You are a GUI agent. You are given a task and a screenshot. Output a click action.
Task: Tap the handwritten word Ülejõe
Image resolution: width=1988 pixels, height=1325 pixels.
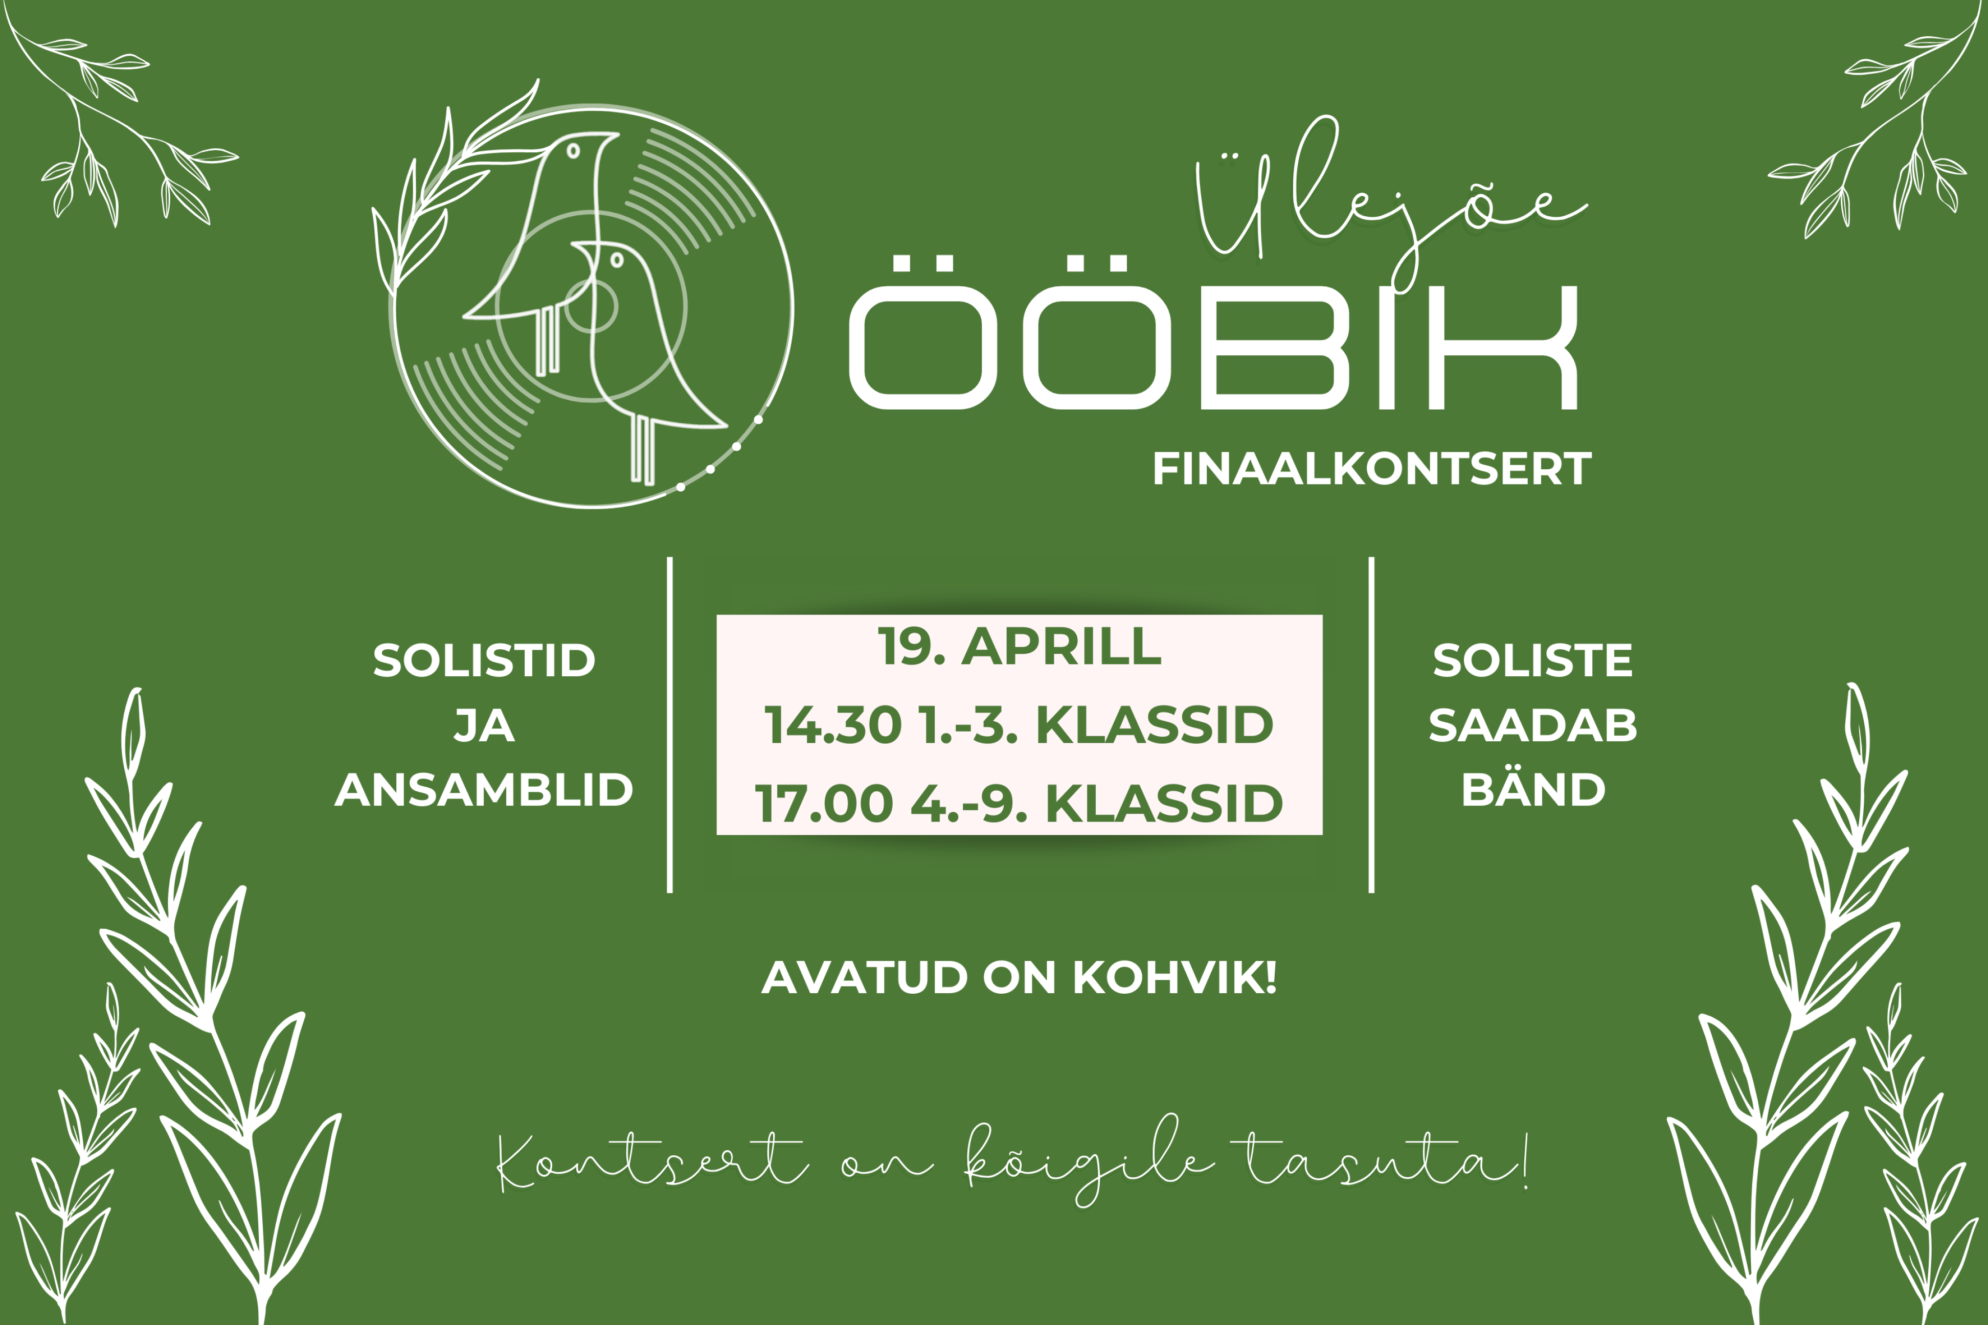pos(1390,203)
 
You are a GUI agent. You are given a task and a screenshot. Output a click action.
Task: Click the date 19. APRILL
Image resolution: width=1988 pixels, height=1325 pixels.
pos(1020,647)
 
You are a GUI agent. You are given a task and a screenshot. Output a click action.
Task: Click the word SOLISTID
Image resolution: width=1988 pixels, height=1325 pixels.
pos(484,661)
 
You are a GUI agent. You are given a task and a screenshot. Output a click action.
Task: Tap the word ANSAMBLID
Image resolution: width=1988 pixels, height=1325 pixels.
pos(484,790)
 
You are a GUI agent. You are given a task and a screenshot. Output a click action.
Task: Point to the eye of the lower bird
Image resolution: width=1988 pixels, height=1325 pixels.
pos(617,259)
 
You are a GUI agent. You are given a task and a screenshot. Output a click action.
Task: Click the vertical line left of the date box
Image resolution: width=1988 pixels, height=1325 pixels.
pos(669,724)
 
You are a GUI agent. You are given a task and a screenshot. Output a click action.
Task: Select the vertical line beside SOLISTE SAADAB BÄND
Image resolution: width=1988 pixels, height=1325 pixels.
pos(1371,724)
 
